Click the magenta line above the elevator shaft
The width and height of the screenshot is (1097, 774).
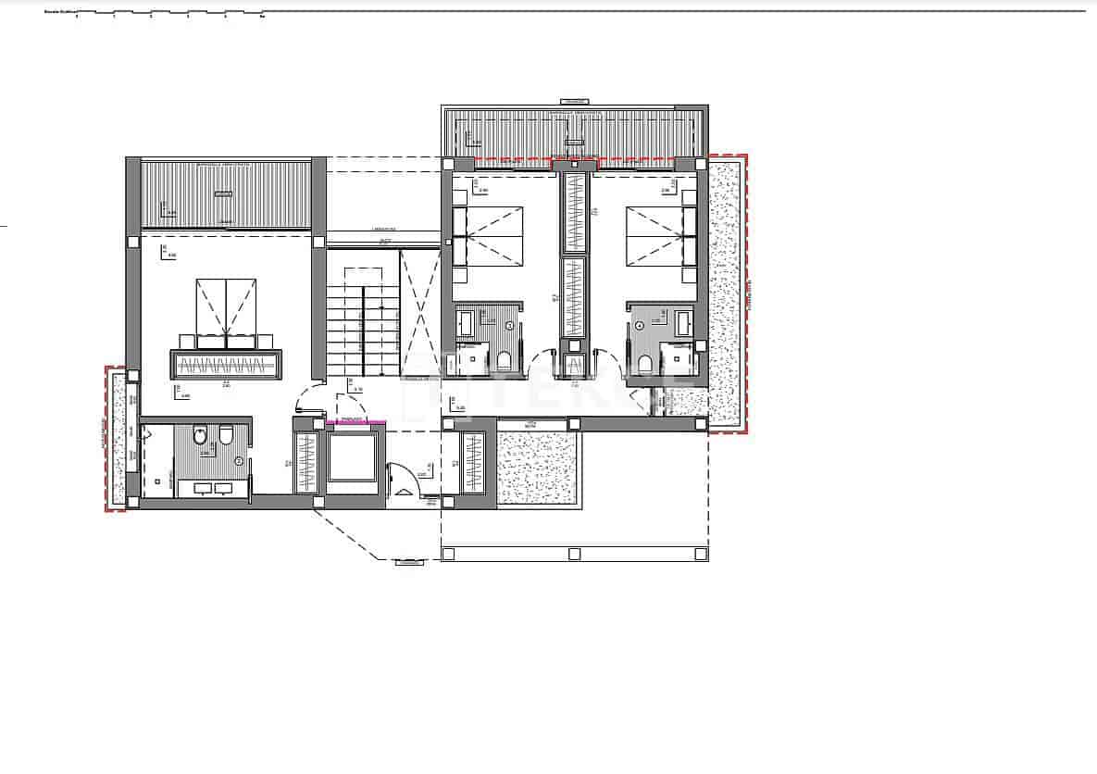[x=356, y=422]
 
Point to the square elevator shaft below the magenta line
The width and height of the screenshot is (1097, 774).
[x=352, y=456]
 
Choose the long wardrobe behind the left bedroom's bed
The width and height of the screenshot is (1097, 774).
[x=225, y=365]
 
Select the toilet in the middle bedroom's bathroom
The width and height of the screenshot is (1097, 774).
[x=505, y=360]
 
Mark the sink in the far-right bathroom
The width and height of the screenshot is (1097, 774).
[x=683, y=323]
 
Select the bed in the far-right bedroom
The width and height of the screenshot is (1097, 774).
[x=660, y=236]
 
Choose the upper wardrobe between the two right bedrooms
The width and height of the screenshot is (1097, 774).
[x=575, y=212]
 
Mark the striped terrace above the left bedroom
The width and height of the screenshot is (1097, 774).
[x=226, y=194]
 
